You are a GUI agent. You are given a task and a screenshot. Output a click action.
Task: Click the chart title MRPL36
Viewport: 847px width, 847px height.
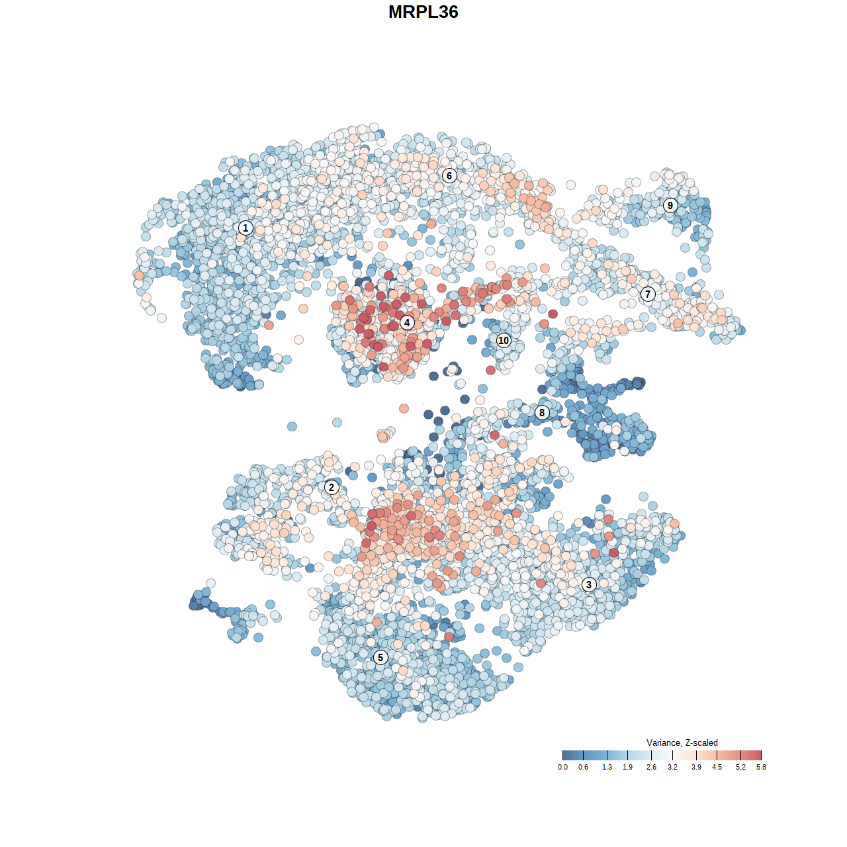[x=423, y=12]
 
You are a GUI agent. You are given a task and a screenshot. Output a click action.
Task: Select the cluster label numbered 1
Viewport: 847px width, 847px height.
[x=245, y=228]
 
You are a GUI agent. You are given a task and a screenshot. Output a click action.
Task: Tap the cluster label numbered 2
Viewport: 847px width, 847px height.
[x=332, y=488]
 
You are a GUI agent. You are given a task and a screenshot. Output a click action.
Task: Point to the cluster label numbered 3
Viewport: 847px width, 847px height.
[x=589, y=584]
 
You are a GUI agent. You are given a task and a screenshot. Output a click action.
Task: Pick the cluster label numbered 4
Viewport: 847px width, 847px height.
[x=407, y=322]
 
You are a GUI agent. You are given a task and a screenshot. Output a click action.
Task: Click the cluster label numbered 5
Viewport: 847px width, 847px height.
[x=380, y=657]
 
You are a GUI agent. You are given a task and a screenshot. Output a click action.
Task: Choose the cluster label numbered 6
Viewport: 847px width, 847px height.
[x=449, y=175]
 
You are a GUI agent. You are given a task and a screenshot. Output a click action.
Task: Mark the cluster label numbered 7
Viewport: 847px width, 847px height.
[x=648, y=294]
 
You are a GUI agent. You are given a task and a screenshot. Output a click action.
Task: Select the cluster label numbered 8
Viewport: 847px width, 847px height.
[x=542, y=413]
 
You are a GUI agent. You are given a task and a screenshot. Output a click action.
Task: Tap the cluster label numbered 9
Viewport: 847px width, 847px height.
[x=670, y=205]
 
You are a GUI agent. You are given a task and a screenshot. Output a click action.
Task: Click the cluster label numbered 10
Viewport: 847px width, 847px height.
[x=504, y=340]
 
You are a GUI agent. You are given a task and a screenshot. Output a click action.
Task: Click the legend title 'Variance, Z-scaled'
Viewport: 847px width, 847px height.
[x=682, y=742]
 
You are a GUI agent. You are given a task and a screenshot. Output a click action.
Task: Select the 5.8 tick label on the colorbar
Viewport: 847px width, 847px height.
[x=761, y=767]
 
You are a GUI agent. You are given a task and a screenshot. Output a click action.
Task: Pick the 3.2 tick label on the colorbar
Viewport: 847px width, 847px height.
[x=672, y=767]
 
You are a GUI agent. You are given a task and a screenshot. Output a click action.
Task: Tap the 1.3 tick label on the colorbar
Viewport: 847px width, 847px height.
[x=607, y=767]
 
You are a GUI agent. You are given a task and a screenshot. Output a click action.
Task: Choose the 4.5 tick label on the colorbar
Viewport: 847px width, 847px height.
[x=717, y=767]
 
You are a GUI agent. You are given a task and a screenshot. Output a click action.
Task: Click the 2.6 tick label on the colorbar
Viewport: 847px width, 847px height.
[x=651, y=767]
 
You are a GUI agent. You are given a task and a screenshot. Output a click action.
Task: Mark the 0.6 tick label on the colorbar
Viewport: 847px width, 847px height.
[x=583, y=767]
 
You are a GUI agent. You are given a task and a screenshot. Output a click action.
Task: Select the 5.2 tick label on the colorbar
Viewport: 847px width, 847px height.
[x=740, y=767]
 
